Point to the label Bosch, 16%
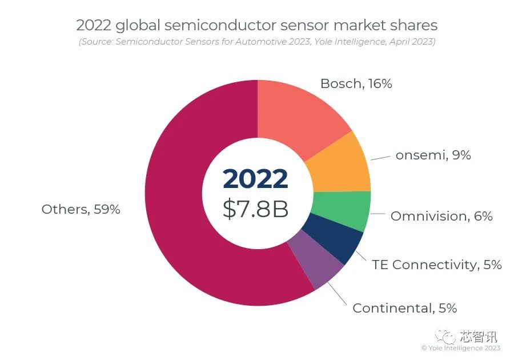(x=356, y=83)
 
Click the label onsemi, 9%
(x=433, y=155)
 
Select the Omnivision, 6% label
(x=441, y=216)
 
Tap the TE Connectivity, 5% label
(x=436, y=265)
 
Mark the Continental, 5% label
(x=404, y=308)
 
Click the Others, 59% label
(x=81, y=209)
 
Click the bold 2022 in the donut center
(x=255, y=179)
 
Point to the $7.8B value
(x=255, y=209)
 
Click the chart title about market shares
(x=257, y=25)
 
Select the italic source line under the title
(x=257, y=42)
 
